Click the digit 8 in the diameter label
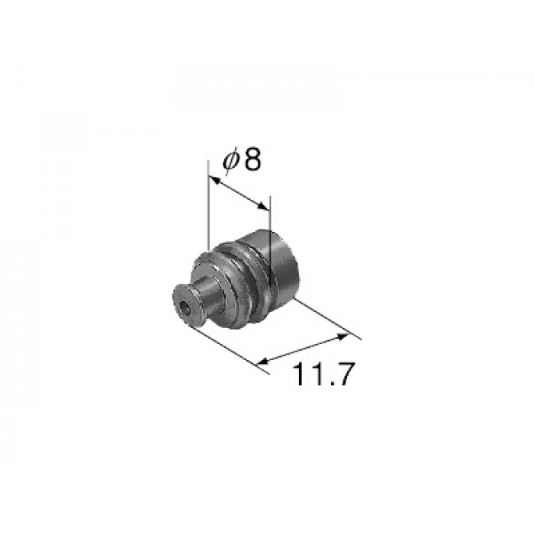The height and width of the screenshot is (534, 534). point(253,160)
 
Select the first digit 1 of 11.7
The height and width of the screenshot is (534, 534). point(298,374)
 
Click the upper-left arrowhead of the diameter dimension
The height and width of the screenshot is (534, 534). point(214,180)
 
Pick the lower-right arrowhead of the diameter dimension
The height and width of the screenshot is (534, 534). point(262,205)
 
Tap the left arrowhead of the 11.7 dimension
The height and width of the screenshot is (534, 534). point(263,362)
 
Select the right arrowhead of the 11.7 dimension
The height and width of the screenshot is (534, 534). point(343,336)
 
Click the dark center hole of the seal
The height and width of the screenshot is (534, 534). point(185,309)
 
